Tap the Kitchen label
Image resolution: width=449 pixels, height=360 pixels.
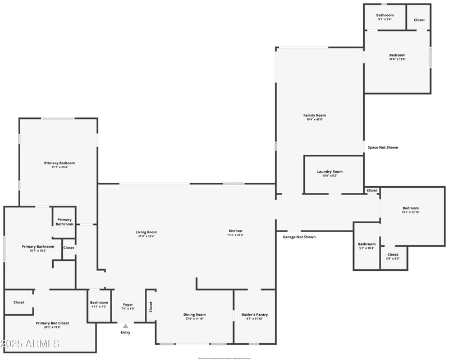235,233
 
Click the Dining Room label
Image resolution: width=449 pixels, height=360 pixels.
194,316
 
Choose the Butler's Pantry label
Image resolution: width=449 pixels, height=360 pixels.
254,316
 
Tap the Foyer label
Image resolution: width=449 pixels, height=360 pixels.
127,306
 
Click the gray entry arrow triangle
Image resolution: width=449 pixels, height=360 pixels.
125,326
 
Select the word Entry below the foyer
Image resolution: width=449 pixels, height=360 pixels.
125,333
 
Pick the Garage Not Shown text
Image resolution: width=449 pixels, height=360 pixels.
299,237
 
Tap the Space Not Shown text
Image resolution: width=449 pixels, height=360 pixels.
383,147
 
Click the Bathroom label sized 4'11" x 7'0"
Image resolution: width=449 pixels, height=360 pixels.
99,304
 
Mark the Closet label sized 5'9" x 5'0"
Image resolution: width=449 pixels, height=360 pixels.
392,256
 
